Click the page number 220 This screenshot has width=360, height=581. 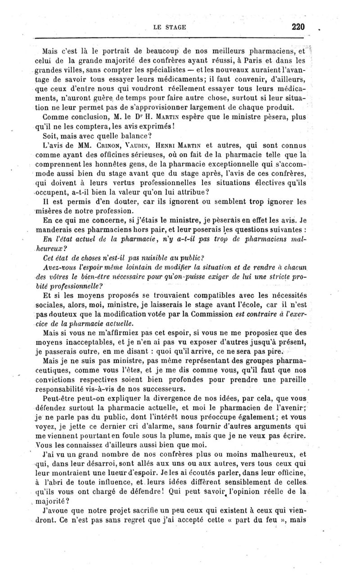298,27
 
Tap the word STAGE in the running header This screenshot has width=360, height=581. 176,27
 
